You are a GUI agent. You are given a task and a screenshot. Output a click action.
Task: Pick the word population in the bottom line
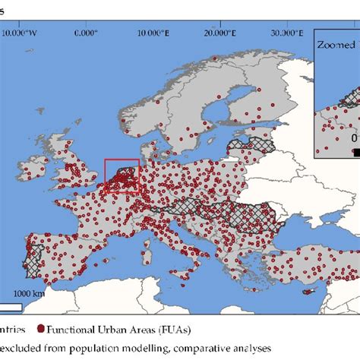(97, 349)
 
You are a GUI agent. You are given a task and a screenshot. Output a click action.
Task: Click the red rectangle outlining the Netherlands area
(122, 176)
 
